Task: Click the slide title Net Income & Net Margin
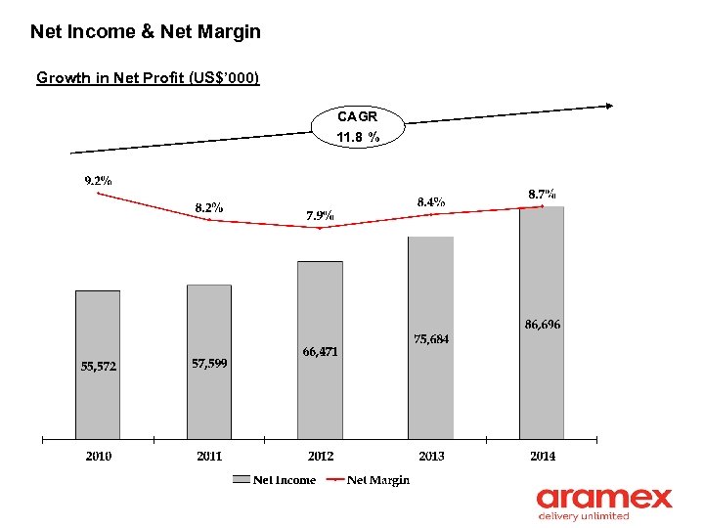(146, 32)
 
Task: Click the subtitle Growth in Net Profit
(148, 77)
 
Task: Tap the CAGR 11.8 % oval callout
(357, 127)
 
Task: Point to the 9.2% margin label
(98, 180)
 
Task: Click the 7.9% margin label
(320, 215)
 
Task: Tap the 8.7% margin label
(542, 195)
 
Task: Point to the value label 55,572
(98, 367)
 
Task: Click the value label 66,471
(320, 352)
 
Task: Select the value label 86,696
(542, 324)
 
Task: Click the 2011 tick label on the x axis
(208, 456)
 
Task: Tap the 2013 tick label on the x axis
(430, 456)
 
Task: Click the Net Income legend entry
(275, 479)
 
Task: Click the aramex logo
(603, 503)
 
